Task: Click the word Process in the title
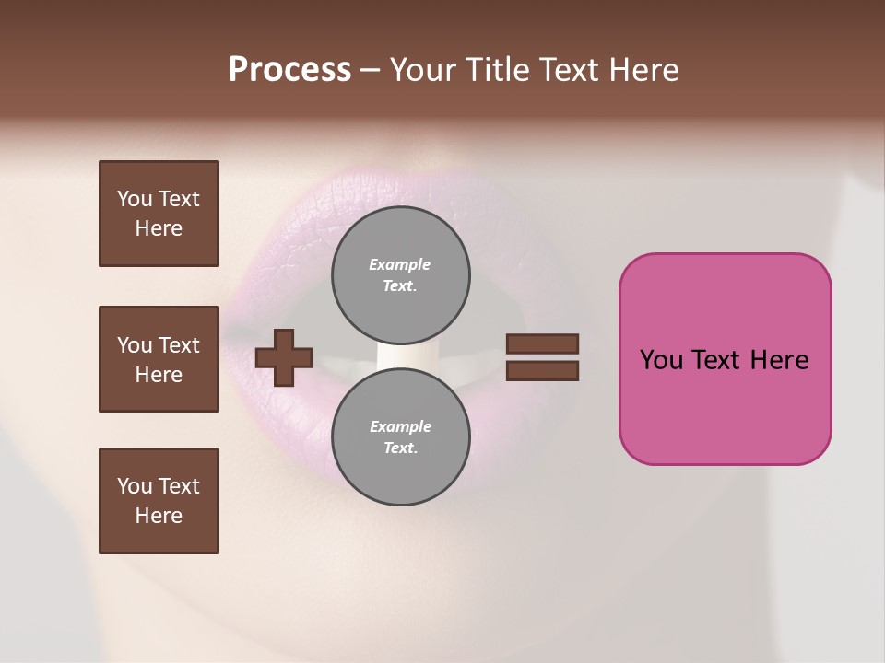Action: [x=289, y=70]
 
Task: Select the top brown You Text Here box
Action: [x=159, y=214]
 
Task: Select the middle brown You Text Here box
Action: [x=159, y=359]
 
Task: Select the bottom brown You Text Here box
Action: [x=159, y=501]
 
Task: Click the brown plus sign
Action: [x=284, y=357]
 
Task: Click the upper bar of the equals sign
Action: [x=542, y=343]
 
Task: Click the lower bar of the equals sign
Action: [x=542, y=371]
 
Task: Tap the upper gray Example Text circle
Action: [x=400, y=275]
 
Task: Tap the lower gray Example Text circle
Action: [x=400, y=437]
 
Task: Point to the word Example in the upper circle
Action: [x=400, y=264]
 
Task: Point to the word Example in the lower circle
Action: [x=400, y=426]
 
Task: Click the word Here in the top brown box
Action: [x=159, y=228]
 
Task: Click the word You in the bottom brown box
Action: [x=135, y=486]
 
